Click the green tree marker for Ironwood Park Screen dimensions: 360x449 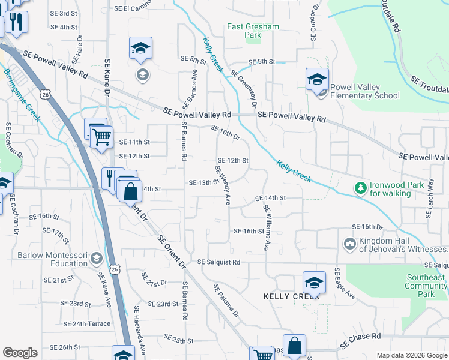coord(360,188)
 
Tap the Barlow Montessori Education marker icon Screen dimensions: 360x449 coord(96,259)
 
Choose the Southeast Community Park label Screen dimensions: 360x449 coord(426,286)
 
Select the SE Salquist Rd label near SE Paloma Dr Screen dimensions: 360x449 coord(219,262)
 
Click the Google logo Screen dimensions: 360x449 coord(20,353)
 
